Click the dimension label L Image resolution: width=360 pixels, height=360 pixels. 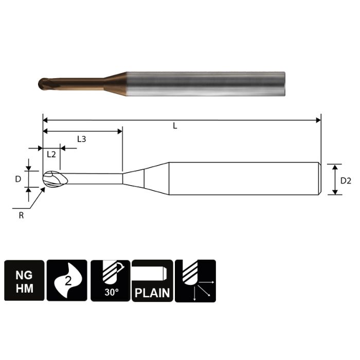coord(175,126)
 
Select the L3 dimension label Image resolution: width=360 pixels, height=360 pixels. coord(81,139)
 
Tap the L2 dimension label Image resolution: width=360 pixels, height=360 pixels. coord(51,154)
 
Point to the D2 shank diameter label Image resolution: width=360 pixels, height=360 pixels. coord(346,180)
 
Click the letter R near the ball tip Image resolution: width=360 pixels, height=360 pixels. coord(21,216)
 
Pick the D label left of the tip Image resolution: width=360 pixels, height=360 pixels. coord(17,179)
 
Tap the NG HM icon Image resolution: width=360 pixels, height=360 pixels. coord(24,281)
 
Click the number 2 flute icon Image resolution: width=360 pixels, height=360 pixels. coord(67,281)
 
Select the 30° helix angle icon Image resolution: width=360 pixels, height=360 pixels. coord(110,281)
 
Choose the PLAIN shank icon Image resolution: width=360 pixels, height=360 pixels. coord(153,281)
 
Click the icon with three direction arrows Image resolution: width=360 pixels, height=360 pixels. coord(195,281)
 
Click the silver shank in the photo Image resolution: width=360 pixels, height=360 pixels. coord(206,82)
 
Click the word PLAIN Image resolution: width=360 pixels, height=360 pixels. coord(153,293)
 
